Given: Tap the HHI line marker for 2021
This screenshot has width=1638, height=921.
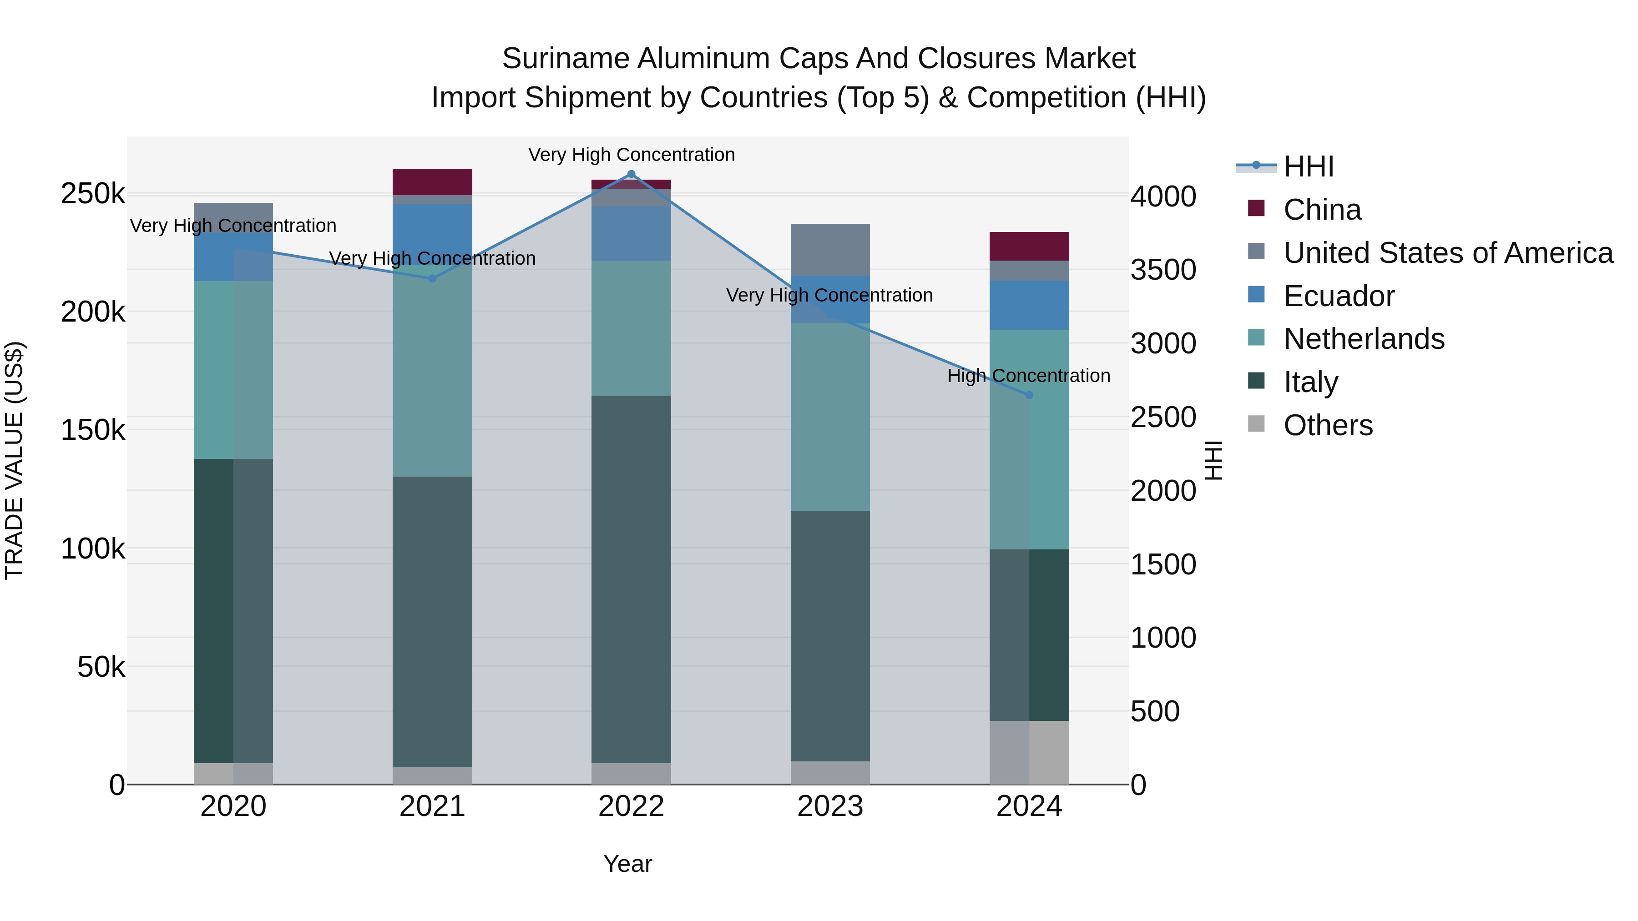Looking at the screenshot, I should (x=432, y=278).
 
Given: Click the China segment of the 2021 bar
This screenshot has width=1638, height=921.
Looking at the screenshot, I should (x=432, y=182).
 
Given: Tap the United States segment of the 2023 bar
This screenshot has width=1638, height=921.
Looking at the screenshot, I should (x=830, y=249).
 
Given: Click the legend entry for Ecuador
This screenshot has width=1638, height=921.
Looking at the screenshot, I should (x=1339, y=296).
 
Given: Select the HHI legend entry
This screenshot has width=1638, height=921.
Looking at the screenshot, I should (x=1308, y=166).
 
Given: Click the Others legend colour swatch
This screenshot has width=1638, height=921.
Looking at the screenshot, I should (x=1256, y=424).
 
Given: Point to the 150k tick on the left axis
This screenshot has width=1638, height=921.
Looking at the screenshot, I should (x=93, y=430).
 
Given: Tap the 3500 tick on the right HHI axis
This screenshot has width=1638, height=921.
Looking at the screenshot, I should (x=1163, y=270).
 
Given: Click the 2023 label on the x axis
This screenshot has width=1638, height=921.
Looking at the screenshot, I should (x=830, y=806).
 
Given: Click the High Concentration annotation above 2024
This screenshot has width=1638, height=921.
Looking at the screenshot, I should (x=1028, y=376).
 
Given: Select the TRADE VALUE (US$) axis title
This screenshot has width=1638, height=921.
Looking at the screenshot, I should (x=14, y=460).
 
